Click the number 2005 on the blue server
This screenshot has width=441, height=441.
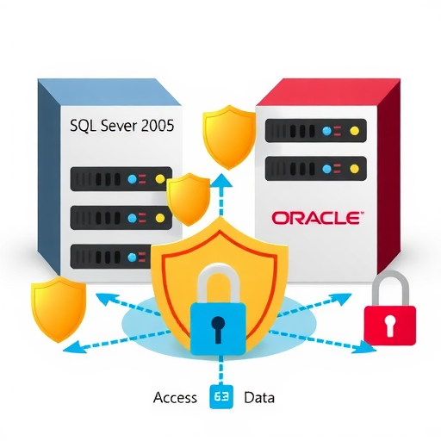[158, 126]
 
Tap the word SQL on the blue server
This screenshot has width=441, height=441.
[83, 126]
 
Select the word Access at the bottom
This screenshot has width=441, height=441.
[175, 398]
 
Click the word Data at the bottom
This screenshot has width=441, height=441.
[259, 398]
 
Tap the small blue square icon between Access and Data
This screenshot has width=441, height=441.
[221, 396]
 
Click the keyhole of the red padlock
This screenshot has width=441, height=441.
[390, 325]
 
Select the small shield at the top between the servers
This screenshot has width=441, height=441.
[229, 137]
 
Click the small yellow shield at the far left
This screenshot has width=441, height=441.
[59, 309]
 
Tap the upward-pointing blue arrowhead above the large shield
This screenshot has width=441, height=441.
[221, 180]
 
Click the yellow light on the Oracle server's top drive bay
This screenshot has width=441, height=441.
[355, 131]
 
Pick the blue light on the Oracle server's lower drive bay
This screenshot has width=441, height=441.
[326, 169]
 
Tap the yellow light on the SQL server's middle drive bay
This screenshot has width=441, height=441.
[159, 218]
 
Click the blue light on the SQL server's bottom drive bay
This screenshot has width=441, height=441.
[132, 257]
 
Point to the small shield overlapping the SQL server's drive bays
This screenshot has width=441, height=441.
[189, 199]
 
